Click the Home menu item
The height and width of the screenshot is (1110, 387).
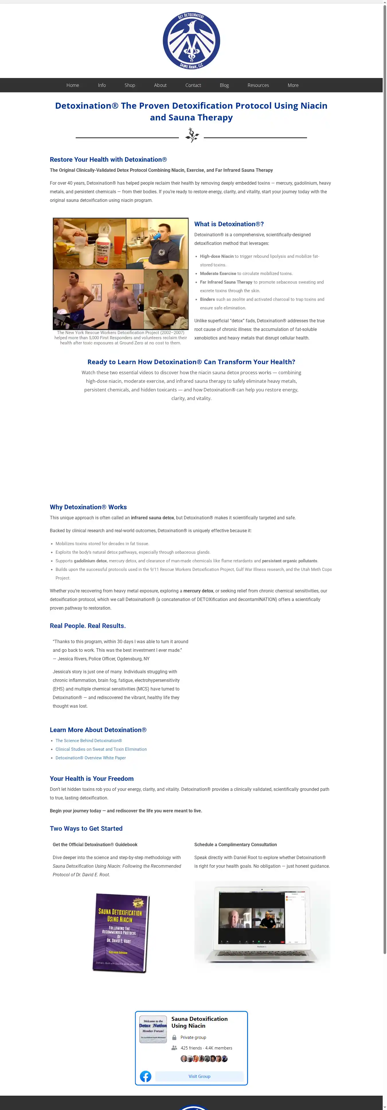(x=73, y=85)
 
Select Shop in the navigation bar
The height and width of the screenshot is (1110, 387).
(x=130, y=85)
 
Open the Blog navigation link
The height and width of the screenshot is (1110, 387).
(x=224, y=85)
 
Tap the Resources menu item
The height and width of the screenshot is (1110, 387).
(x=258, y=85)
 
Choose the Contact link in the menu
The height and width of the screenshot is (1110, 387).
(x=193, y=85)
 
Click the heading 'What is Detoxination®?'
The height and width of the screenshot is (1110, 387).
(x=229, y=224)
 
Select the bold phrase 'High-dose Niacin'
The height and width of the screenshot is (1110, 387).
(x=217, y=256)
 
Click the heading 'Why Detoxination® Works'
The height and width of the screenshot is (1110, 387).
(x=88, y=507)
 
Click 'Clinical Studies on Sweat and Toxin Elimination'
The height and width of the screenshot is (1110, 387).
(x=101, y=749)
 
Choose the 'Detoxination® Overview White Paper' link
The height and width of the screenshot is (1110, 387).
(x=91, y=758)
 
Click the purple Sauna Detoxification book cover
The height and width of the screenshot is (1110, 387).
(x=121, y=933)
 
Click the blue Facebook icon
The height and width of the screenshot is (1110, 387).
(x=146, y=1076)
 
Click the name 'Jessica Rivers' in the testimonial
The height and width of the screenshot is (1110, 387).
(x=72, y=659)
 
